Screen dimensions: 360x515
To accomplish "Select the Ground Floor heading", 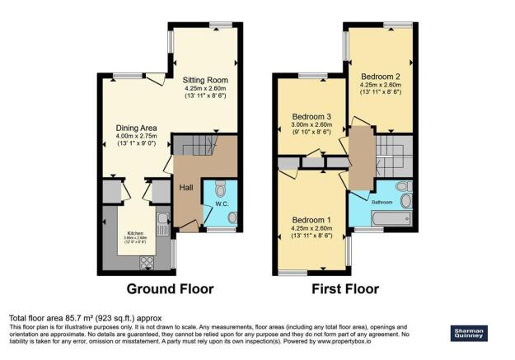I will (170, 289).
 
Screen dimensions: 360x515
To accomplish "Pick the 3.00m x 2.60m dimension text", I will (311, 125).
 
